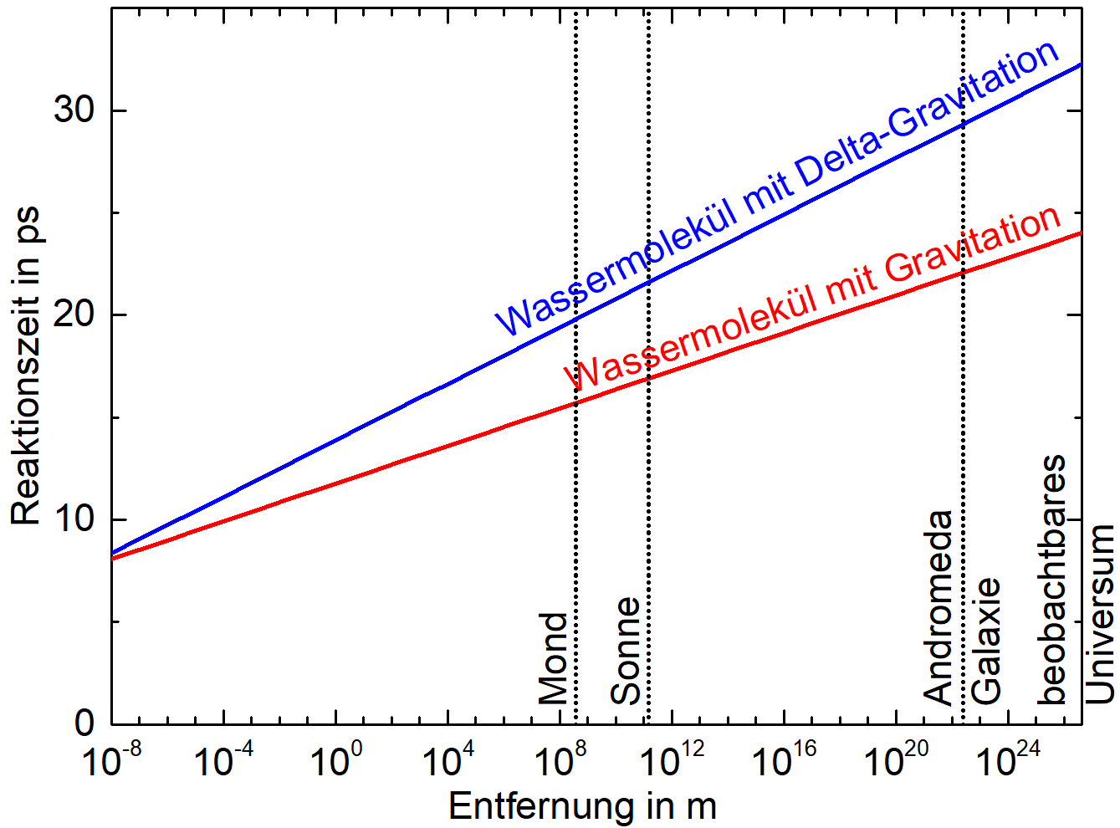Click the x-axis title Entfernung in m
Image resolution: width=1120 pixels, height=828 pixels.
[582, 806]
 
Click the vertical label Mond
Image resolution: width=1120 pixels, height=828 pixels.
[553, 658]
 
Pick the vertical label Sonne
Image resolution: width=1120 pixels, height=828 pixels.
[626, 651]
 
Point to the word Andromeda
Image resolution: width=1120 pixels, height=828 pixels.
[938, 608]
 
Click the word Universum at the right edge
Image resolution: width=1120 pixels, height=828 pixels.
[1100, 614]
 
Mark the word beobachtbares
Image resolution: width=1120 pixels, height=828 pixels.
[1052, 580]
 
